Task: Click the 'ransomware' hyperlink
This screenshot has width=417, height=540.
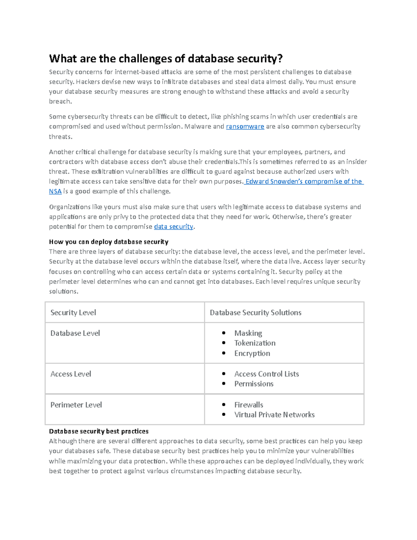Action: point(245,127)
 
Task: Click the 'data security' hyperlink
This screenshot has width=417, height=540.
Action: point(173,227)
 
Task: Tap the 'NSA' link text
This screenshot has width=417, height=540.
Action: point(55,191)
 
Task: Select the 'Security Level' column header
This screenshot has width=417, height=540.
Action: point(73,313)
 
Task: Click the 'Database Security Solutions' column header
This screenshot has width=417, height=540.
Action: point(255,313)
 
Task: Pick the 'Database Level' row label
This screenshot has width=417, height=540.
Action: point(75,333)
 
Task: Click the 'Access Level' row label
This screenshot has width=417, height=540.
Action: point(71,374)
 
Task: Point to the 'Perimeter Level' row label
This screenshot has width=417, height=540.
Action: point(76,405)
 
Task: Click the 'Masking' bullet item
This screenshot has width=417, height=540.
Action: point(248,333)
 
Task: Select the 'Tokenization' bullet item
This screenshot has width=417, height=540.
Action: point(255,343)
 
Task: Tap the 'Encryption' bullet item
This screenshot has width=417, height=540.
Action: point(252,353)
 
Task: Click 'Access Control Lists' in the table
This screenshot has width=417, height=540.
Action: point(267,374)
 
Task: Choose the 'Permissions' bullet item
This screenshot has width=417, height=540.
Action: point(254,384)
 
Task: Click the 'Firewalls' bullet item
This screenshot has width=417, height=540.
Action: point(248,405)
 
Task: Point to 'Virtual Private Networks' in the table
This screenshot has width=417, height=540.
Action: point(274,415)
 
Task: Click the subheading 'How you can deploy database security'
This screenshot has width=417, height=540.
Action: point(108,242)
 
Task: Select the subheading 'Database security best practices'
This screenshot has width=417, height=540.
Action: point(99,432)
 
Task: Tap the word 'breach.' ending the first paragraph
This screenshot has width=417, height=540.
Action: point(60,102)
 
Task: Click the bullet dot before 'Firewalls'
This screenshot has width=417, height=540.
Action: point(224,404)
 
